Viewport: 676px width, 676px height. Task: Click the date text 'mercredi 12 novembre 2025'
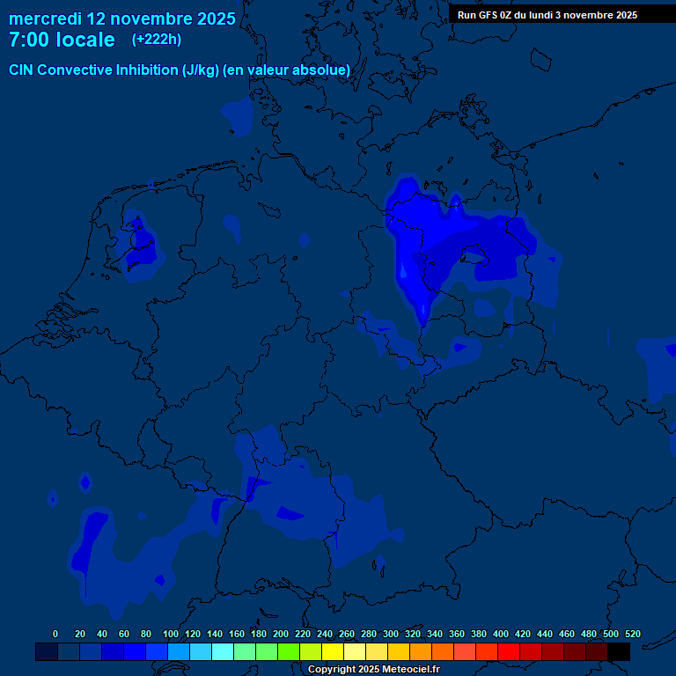coord(122,18)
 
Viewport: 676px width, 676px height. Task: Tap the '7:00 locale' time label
coord(62,40)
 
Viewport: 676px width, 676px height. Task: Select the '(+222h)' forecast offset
coord(157,40)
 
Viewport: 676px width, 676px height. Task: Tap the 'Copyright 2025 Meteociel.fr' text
coord(373,669)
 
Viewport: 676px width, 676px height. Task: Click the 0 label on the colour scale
coord(55,634)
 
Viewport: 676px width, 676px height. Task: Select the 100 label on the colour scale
coord(171,634)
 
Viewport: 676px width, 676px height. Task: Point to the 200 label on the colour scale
coord(281,634)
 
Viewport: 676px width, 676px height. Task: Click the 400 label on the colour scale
coord(501,634)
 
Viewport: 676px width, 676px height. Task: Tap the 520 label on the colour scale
coord(632,634)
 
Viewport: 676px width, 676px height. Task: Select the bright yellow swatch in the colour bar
coord(333,651)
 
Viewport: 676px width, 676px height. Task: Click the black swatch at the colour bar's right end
coord(619,651)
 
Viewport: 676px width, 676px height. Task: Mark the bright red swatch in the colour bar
coord(509,651)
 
